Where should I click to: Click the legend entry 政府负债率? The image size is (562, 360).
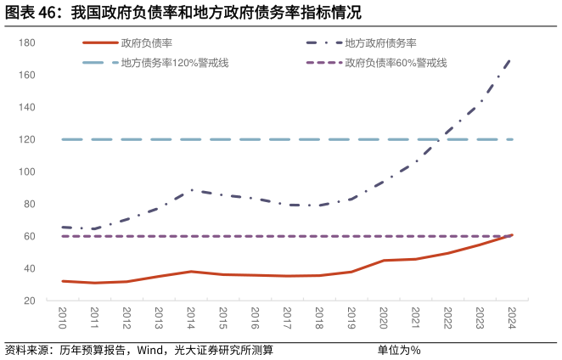[x=147, y=42]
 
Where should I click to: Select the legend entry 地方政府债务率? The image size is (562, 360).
[x=380, y=42]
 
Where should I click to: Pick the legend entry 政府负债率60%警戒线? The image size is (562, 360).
[x=396, y=63]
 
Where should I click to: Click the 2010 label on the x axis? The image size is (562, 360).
[x=62, y=320]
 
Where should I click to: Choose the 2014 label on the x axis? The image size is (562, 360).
[x=190, y=320]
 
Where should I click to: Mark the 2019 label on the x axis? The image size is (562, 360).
[x=351, y=320]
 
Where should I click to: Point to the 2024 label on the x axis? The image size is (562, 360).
[x=511, y=320]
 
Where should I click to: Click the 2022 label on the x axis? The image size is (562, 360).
[x=447, y=320]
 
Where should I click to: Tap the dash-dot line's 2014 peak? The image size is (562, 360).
[x=192, y=190]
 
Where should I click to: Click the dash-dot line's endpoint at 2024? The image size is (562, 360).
[x=511, y=59]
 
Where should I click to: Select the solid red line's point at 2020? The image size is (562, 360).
[x=383, y=261]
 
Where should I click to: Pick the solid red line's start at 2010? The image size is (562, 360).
[x=63, y=281]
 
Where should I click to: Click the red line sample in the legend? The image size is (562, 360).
[x=99, y=42]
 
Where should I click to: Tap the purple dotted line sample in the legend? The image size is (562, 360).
[x=323, y=63]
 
